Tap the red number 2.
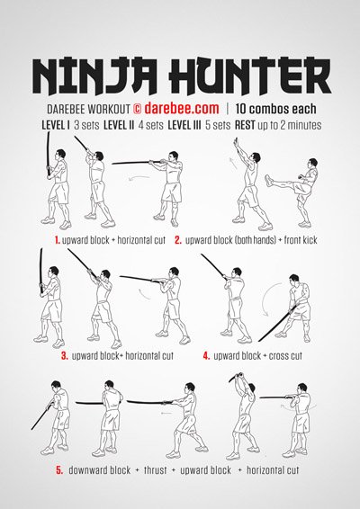[x=178, y=240]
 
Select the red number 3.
[x=64, y=355]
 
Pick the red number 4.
[x=206, y=355]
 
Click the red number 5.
[x=59, y=470]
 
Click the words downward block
[x=101, y=470]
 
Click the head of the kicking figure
[x=311, y=165]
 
